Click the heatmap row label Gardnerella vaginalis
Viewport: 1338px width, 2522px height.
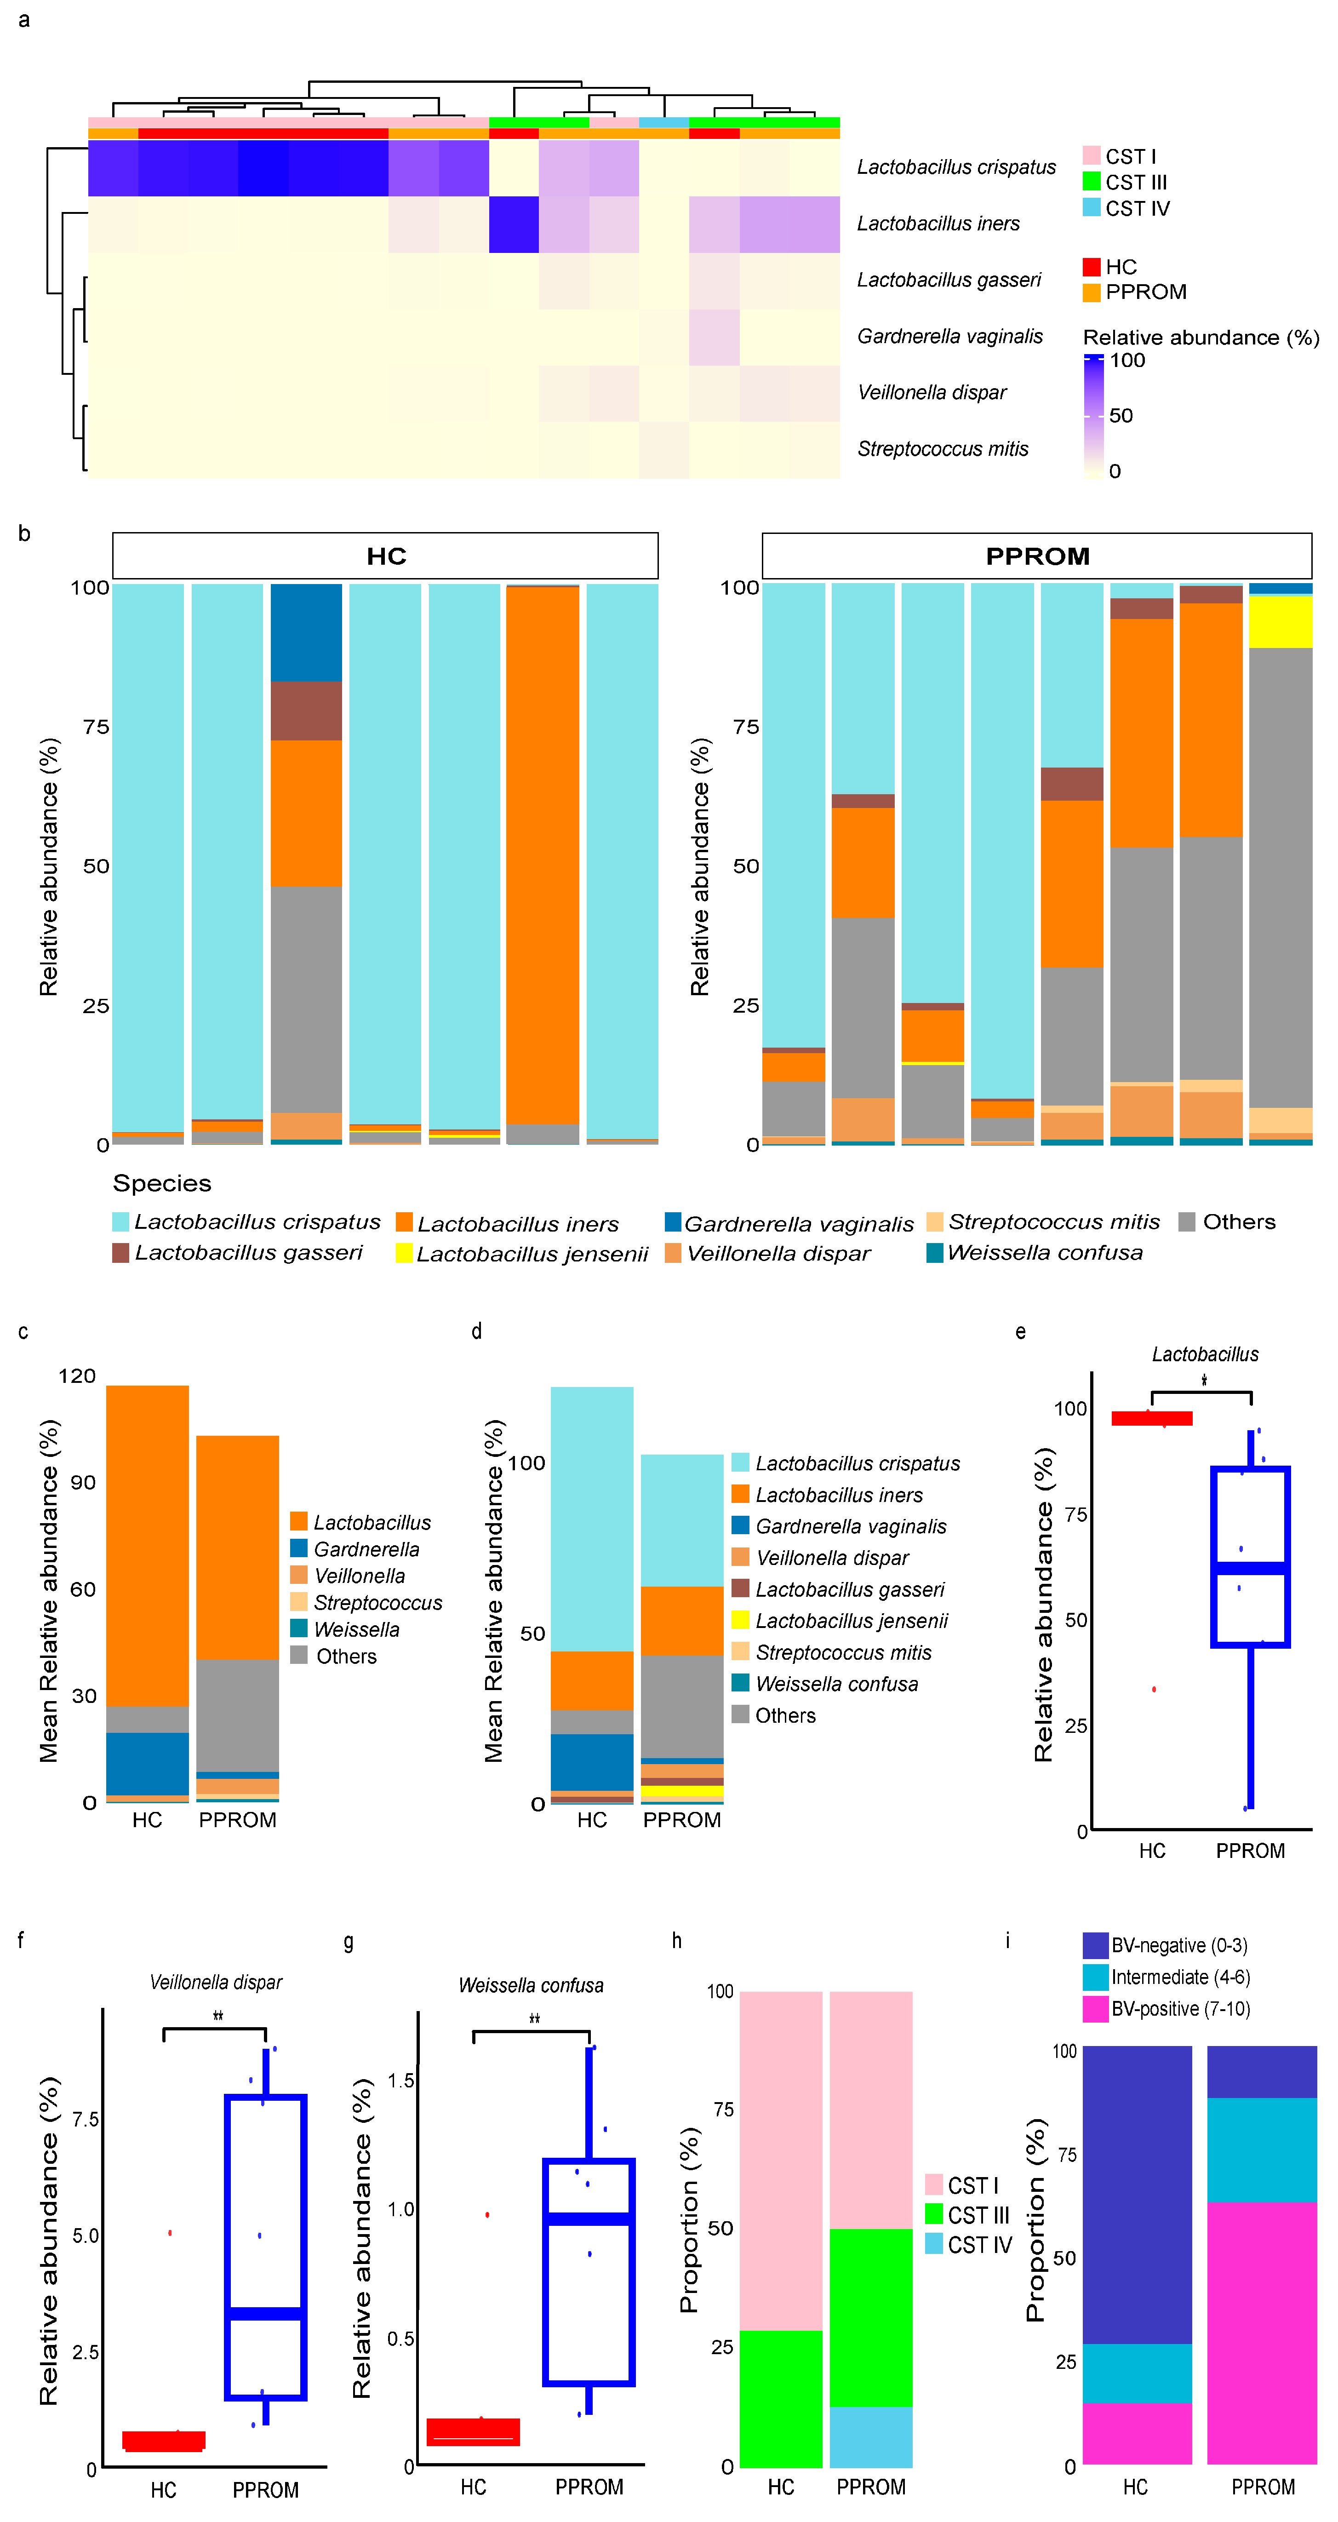click(x=949, y=337)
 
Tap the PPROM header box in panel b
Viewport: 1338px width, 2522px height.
click(x=1036, y=556)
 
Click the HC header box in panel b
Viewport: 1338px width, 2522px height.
click(x=386, y=556)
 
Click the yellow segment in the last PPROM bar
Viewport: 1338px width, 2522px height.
click(x=1280, y=622)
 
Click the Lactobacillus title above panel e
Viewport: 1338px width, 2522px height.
click(x=1205, y=1355)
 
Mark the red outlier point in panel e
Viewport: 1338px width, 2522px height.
click(x=1154, y=1690)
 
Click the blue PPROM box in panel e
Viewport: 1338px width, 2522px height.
click(x=1250, y=1557)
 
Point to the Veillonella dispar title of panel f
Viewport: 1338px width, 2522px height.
click(x=216, y=1983)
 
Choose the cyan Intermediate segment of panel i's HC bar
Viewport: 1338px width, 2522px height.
click(x=1136, y=2374)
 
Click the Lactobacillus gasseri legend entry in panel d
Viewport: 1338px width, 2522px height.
click(x=850, y=1590)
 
